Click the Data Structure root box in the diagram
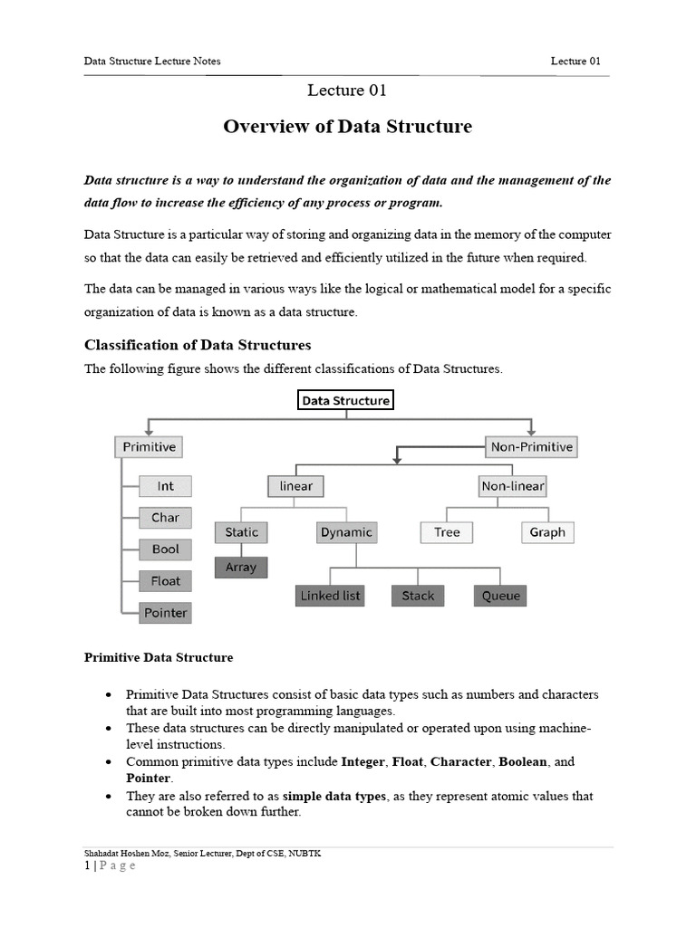pyautogui.click(x=345, y=400)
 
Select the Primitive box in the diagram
pyautogui.click(x=149, y=446)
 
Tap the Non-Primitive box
pyautogui.click(x=531, y=446)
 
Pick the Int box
pyautogui.click(x=165, y=486)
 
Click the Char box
pyautogui.click(x=165, y=518)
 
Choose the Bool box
pyautogui.click(x=165, y=550)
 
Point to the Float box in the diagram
pyautogui.click(x=165, y=581)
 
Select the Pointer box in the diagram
pyautogui.click(x=165, y=613)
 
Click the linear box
pyautogui.click(x=295, y=486)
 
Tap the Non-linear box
pyautogui.click(x=512, y=486)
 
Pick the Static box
pyautogui.click(x=241, y=532)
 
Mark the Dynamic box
pyautogui.click(x=345, y=532)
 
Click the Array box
pyautogui.click(x=241, y=568)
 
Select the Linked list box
pyautogui.click(x=330, y=596)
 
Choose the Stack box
pyautogui.click(x=418, y=596)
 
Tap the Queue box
pyautogui.click(x=500, y=596)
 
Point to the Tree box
pyautogui.click(x=447, y=532)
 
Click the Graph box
pyautogui.click(x=547, y=532)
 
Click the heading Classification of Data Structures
pyautogui.click(x=198, y=345)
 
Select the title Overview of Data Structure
pyautogui.click(x=347, y=127)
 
